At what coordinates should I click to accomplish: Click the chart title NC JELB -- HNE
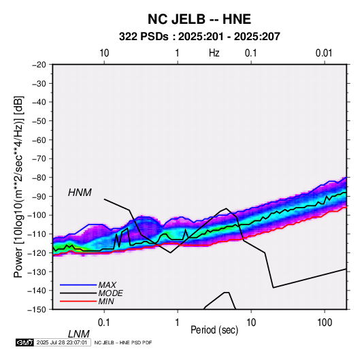pyautogui.click(x=199, y=19)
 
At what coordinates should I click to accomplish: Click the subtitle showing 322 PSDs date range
pyautogui.click(x=199, y=37)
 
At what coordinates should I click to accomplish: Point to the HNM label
pyautogui.click(x=80, y=193)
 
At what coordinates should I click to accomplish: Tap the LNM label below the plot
pyautogui.click(x=78, y=334)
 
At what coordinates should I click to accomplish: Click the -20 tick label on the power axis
pyautogui.click(x=39, y=65)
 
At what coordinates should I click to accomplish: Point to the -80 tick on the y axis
pyautogui.click(x=39, y=178)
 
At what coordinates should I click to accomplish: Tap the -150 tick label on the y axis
pyautogui.click(x=37, y=310)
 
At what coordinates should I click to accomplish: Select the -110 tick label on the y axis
pyautogui.click(x=37, y=234)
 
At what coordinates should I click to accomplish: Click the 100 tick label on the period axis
pyautogui.click(x=325, y=323)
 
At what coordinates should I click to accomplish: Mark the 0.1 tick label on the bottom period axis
pyautogui.click(x=104, y=323)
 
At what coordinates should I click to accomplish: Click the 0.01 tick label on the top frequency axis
pyautogui.click(x=324, y=53)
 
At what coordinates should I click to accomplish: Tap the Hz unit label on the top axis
pyautogui.click(x=214, y=53)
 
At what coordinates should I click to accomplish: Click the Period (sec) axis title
pyautogui.click(x=214, y=330)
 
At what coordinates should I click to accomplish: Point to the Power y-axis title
pyautogui.click(x=18, y=186)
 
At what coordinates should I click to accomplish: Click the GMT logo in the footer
pyautogui.click(x=24, y=342)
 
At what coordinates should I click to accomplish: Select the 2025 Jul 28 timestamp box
pyautogui.click(x=62, y=342)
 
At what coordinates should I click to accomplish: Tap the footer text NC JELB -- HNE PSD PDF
pyautogui.click(x=123, y=342)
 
